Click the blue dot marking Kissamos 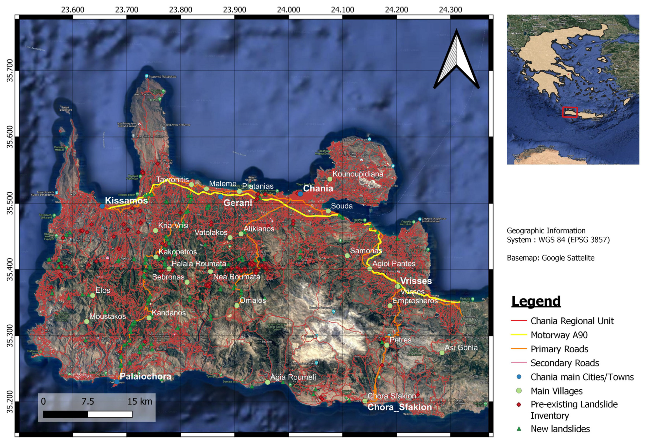point(102,206)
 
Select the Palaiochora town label point(145,376)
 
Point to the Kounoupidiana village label point(358,174)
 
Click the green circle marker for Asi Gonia point(442,353)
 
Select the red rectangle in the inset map point(570,112)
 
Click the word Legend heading point(536,302)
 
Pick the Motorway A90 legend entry point(559,335)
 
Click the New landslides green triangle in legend point(519,429)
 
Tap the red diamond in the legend point(519,405)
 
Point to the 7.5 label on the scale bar point(88,402)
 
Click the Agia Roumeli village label point(293,377)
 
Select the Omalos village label point(253,300)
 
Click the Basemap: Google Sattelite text point(551,258)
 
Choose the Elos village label point(103,290)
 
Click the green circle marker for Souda point(328,211)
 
